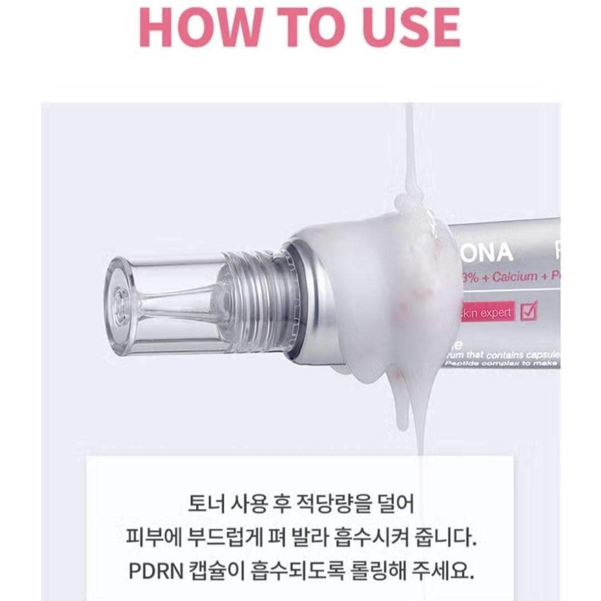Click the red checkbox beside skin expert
coord(528,312)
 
